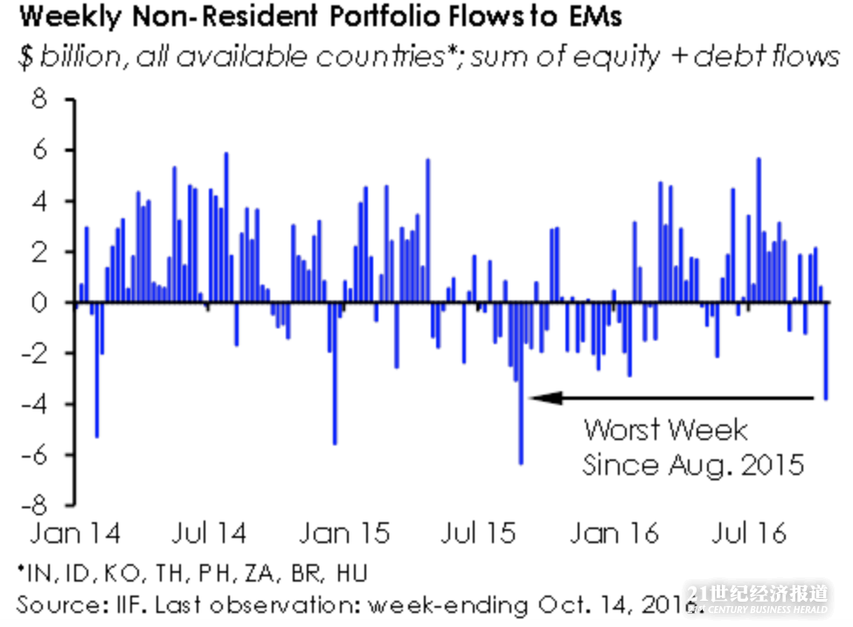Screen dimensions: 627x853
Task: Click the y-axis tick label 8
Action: (x=42, y=100)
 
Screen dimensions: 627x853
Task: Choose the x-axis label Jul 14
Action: (x=210, y=533)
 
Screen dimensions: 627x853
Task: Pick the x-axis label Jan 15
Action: (x=345, y=533)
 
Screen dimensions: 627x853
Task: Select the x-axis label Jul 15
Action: (x=480, y=533)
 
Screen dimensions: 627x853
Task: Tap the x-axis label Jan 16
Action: (x=614, y=533)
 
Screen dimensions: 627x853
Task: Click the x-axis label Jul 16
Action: (x=749, y=533)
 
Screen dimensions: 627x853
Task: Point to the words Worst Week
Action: (x=666, y=430)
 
